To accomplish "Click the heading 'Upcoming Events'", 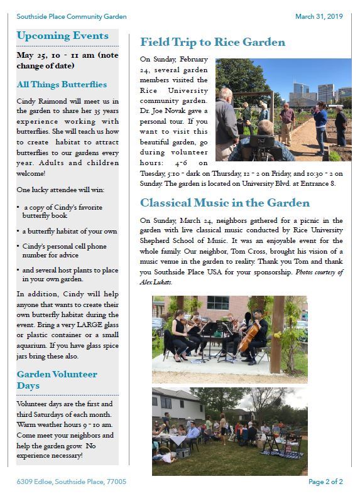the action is [x=62, y=36].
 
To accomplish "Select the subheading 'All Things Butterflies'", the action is [x=62, y=85].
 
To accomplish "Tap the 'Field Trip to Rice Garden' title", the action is [x=212, y=43].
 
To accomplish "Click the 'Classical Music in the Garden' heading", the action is [x=224, y=203].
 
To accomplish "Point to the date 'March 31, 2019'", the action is [x=319, y=17].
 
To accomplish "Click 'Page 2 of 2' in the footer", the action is [x=325, y=482].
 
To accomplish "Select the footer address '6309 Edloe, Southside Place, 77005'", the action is [x=71, y=482].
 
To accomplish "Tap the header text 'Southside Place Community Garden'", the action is [x=72, y=17].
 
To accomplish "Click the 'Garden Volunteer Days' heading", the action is [x=57, y=380].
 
